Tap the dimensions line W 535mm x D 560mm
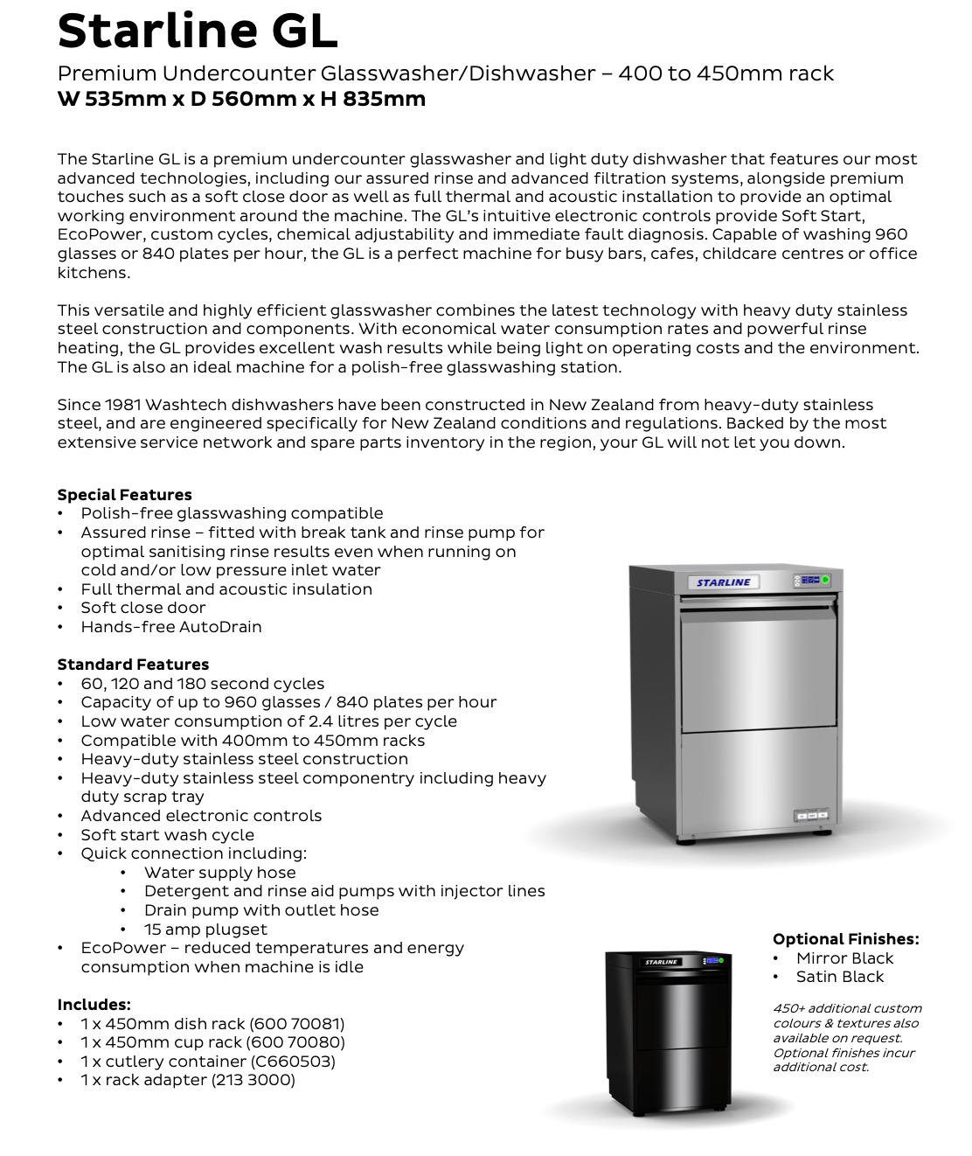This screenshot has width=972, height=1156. tap(241, 99)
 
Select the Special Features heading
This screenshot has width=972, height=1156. tap(124, 495)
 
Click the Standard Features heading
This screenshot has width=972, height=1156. tap(133, 665)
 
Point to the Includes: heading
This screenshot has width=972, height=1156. tap(94, 1005)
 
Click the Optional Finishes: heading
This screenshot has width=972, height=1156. tap(845, 939)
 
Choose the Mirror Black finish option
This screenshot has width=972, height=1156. tap(844, 958)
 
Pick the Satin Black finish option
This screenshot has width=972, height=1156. tap(839, 977)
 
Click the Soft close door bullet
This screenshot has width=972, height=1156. tap(143, 608)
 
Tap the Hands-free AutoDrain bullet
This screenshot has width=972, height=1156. tap(171, 627)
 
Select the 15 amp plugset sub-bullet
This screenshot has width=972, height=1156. tap(205, 930)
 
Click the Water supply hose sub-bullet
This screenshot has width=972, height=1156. tap(219, 873)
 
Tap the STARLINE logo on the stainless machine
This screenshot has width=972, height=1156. tap(724, 582)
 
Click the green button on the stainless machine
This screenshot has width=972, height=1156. tap(826, 580)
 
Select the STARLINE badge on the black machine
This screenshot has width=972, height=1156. tap(662, 962)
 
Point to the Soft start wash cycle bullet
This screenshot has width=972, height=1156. tap(167, 835)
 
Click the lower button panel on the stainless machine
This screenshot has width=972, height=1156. tap(810, 815)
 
